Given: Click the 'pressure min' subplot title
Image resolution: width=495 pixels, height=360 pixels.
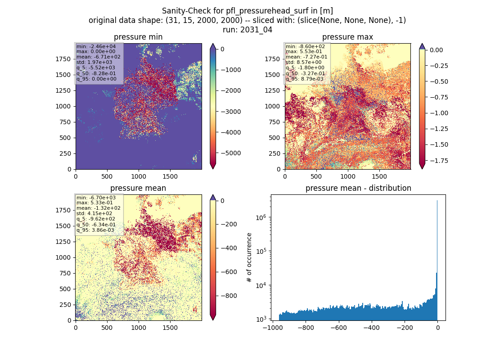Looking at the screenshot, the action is [x=138, y=37].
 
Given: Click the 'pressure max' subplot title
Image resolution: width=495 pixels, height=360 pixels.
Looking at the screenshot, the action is [x=347, y=37].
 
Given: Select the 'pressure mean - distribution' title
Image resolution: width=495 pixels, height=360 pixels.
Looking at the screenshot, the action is [x=358, y=188].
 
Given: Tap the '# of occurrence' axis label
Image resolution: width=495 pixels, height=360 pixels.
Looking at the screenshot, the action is [x=249, y=258].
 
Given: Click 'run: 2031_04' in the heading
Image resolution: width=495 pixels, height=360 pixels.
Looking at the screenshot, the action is [x=247, y=30].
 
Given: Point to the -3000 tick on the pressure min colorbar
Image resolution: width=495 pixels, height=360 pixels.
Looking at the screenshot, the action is [x=231, y=112].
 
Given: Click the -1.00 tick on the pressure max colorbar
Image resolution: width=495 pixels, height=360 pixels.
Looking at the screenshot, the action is [x=439, y=113].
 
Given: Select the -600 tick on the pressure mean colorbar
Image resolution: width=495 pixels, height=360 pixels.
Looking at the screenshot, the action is [x=229, y=272].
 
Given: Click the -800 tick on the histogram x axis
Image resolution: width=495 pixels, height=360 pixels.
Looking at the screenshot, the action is [x=306, y=328].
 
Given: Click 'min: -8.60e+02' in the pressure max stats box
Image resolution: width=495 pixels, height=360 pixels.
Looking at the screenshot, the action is [x=305, y=46].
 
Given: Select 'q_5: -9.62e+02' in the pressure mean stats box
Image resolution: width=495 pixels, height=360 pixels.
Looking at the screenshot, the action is [x=96, y=219].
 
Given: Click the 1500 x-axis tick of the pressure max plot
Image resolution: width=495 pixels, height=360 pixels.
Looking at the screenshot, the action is [x=379, y=176].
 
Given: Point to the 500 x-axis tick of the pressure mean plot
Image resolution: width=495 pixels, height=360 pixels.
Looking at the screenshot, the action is [x=107, y=328].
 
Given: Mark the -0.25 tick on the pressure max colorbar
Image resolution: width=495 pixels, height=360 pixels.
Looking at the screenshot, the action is [x=439, y=66].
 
